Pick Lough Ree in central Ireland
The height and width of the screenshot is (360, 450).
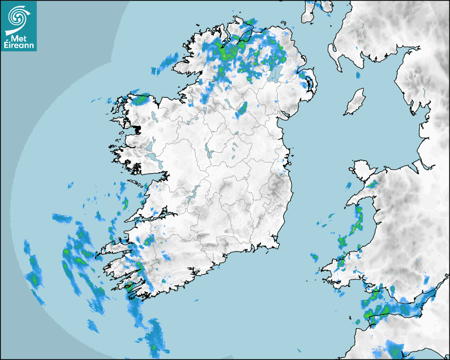pyautogui.click(x=209, y=150)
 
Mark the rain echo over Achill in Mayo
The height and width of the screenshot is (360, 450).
pyautogui.click(x=141, y=99)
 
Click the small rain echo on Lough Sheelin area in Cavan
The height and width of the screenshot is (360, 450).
pyautogui.click(x=242, y=109)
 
